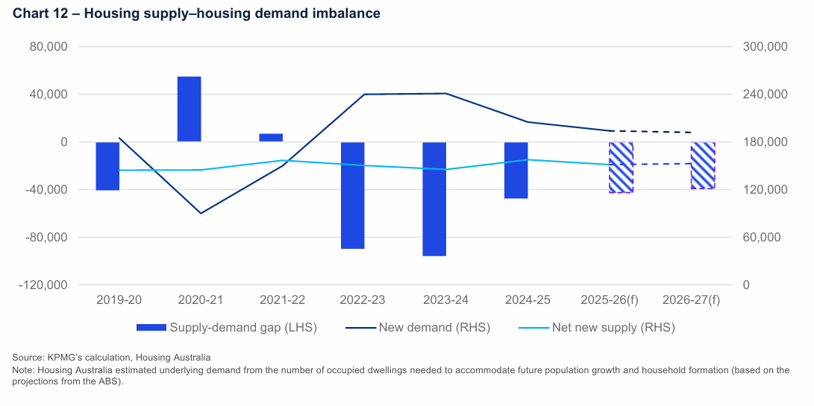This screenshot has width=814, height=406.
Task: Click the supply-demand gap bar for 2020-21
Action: [189, 109]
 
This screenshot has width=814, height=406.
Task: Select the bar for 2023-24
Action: [434, 199]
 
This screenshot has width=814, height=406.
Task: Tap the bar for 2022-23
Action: [352, 195]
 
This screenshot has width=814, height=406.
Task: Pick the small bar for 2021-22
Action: [271, 138]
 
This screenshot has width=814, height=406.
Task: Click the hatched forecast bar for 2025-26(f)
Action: [621, 168]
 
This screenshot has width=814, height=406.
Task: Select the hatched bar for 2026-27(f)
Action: [702, 165]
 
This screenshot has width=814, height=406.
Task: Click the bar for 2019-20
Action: [107, 166]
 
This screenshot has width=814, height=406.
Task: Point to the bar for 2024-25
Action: [516, 171]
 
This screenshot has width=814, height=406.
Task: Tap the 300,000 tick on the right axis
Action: [766, 47]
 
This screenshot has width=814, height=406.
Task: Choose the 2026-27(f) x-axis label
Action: [691, 300]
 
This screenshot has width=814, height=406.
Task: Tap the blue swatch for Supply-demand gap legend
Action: [151, 327]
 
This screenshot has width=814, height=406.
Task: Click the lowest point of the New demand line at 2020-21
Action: [200, 214]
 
